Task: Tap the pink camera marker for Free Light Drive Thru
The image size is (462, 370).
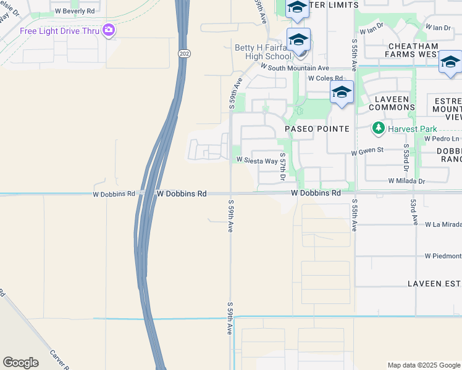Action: [x=109, y=30]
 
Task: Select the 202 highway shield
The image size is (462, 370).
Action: [x=185, y=55]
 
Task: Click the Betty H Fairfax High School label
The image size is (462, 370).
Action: [x=265, y=52]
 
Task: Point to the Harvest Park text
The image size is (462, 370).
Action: [x=413, y=129]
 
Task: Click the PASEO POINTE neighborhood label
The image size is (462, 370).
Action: [x=317, y=129]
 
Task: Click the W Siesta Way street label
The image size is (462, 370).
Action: [x=256, y=160]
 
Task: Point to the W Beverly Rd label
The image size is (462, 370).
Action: [x=75, y=11]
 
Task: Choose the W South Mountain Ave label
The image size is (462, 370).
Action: [x=295, y=67]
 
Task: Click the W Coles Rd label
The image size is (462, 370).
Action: [x=325, y=79]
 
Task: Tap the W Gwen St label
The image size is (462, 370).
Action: [x=367, y=150]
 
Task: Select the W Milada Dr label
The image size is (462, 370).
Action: [x=407, y=181]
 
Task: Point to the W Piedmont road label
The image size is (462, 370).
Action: [x=443, y=256]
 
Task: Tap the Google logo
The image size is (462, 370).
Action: [x=20, y=363]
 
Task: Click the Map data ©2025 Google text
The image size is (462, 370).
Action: [x=423, y=365]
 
